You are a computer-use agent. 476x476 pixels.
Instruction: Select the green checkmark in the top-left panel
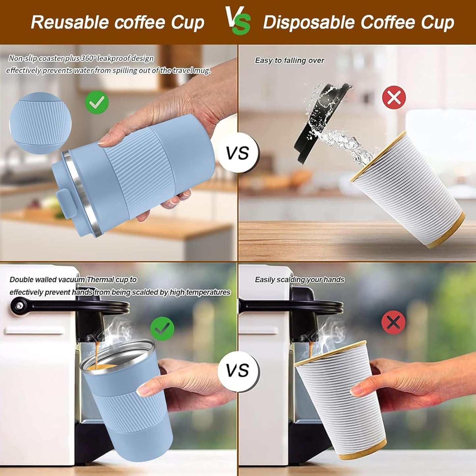pos(97,102)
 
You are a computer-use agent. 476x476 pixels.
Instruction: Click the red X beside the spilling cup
pos(394,97)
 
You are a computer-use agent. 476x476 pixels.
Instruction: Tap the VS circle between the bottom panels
pos(238,371)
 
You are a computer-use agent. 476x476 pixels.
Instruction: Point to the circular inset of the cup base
pos(40,123)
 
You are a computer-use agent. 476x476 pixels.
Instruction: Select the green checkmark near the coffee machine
pos(162,328)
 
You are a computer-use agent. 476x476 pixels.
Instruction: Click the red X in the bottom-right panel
pos(394,322)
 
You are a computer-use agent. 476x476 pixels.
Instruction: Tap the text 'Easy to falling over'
pos(289,61)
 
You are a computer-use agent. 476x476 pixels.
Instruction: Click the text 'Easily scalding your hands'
pos(299,280)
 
